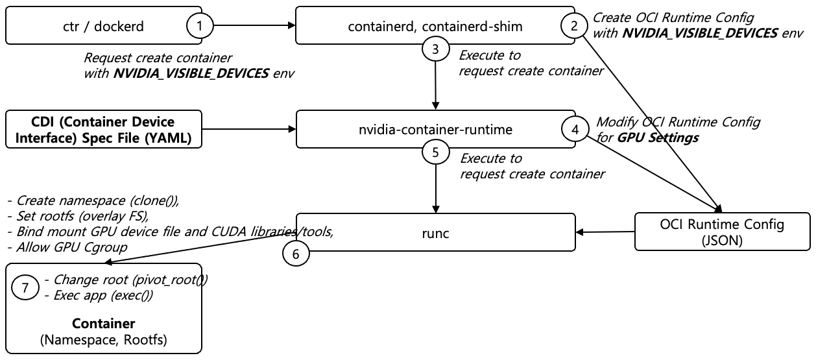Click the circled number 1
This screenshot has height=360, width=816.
click(200, 26)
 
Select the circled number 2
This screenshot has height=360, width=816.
click(573, 26)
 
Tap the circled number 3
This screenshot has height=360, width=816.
click(435, 49)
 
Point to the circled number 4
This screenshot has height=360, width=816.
click(575, 128)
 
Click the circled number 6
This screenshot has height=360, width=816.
click(296, 254)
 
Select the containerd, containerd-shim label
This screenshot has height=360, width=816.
click(435, 26)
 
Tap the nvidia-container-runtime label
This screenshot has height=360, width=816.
click(435, 130)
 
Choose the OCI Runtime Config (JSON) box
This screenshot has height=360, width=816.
click(723, 232)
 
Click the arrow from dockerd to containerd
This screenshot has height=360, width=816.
click(254, 26)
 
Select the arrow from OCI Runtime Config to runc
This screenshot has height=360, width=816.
click(605, 232)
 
